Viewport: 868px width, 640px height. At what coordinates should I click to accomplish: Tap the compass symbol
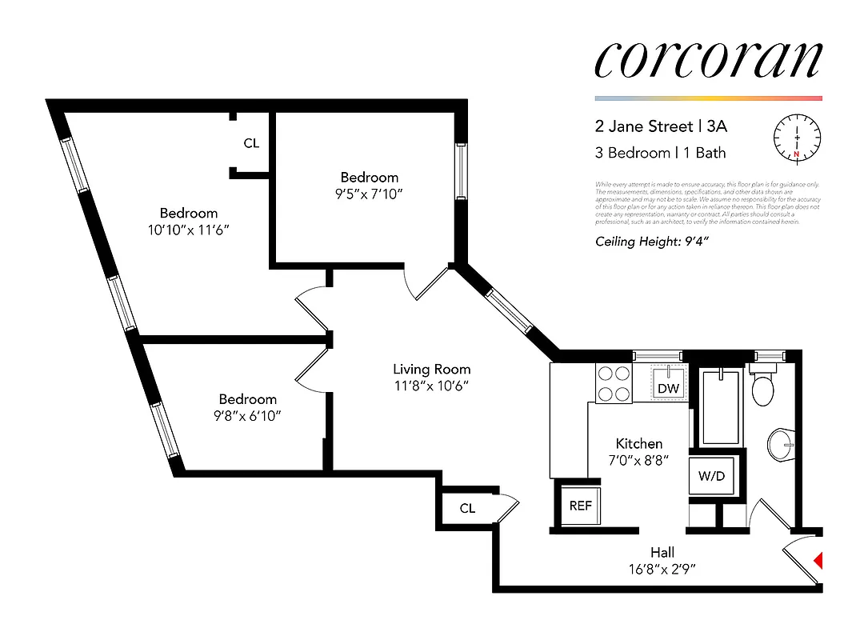(797, 138)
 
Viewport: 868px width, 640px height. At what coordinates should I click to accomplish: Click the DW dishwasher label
(668, 388)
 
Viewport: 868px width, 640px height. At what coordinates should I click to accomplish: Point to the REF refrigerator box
(580, 506)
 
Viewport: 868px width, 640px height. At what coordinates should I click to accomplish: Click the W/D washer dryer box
(711, 475)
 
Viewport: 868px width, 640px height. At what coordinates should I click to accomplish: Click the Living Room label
(431, 369)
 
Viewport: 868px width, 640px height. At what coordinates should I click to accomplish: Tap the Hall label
(662, 552)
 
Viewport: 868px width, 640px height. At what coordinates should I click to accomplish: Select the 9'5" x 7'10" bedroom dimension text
(369, 193)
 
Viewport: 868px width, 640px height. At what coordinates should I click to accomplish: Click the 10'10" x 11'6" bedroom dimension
(189, 229)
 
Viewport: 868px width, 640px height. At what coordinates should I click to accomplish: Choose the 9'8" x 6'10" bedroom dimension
(247, 415)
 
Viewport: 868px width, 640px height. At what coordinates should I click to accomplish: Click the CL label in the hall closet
(467, 508)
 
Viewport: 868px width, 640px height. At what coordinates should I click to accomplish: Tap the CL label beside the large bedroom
(251, 143)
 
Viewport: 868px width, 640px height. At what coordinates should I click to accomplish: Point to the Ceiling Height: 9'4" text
(653, 242)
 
